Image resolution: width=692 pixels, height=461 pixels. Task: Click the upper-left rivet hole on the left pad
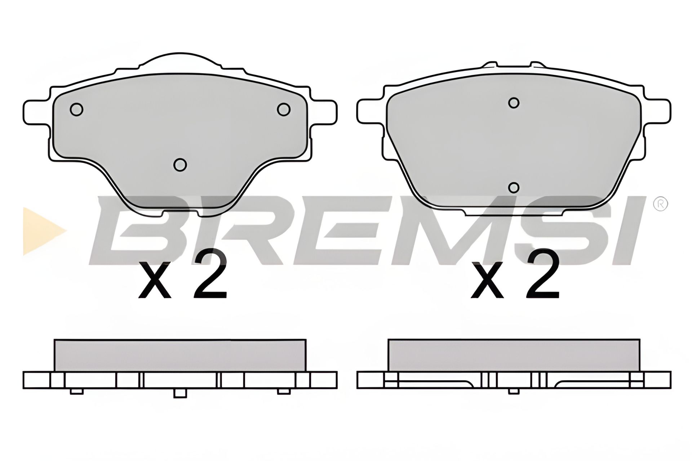[76, 109]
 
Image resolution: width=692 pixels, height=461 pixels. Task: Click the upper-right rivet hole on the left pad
[284, 109]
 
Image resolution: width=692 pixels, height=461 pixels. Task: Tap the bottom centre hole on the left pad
[180, 165]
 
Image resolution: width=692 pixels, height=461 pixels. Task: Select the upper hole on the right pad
[514, 103]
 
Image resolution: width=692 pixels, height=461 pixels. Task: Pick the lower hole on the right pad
[514, 188]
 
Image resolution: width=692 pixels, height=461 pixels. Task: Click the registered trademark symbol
[661, 204]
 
